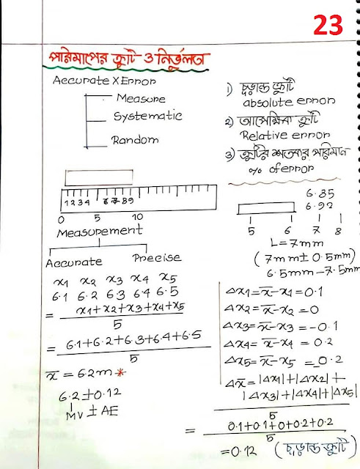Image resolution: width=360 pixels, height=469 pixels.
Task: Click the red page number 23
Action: [328, 26]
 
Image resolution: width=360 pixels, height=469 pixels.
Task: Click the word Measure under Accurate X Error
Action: [141, 98]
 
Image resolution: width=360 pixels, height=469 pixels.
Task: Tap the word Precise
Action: [156, 258]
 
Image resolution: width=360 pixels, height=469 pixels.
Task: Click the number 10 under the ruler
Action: [137, 218]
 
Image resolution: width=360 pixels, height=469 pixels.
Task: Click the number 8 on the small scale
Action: [337, 230]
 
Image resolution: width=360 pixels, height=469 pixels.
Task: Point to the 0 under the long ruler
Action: [61, 218]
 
